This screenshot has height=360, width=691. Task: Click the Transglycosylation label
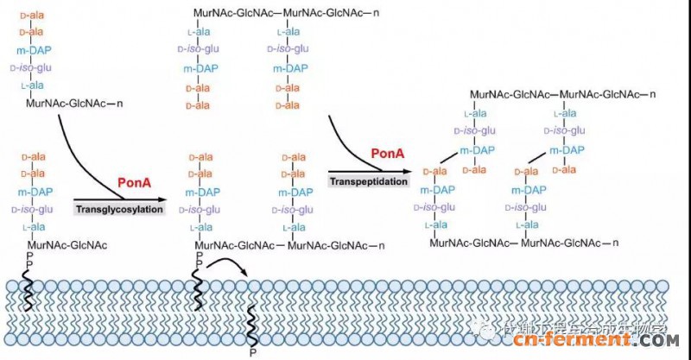[x=119, y=208]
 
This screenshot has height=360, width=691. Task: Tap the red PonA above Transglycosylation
[x=134, y=184]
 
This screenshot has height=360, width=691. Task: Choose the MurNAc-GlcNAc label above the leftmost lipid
[x=67, y=245]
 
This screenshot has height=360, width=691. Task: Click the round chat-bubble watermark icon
[x=490, y=331]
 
